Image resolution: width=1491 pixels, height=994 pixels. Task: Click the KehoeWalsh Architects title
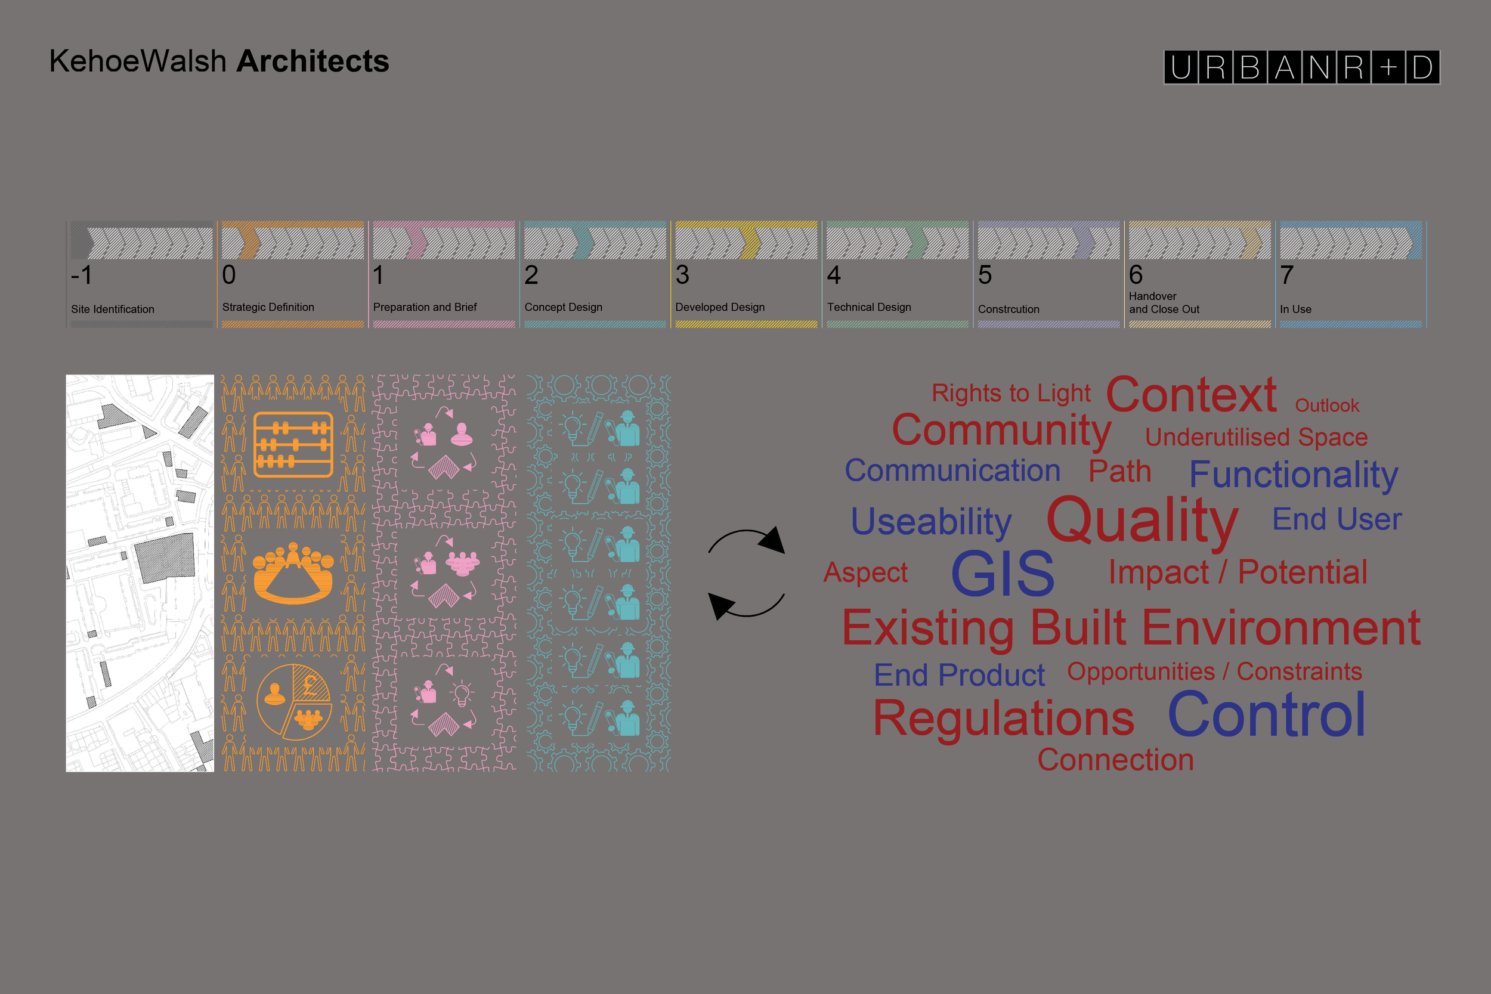tap(219, 61)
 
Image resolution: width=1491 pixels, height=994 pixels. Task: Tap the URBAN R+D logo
tap(1301, 67)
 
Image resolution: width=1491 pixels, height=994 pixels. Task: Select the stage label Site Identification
tap(113, 309)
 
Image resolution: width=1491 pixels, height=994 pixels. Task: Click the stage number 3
tap(682, 274)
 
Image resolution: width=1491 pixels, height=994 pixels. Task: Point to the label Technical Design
tap(869, 307)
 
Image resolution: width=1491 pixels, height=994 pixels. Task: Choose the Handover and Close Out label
tap(1164, 302)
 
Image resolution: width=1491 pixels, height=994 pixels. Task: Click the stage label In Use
tap(1296, 309)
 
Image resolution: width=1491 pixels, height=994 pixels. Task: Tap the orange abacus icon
tap(293, 444)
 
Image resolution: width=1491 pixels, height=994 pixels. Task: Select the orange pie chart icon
tap(293, 702)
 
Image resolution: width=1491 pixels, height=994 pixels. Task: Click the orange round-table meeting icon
tap(293, 572)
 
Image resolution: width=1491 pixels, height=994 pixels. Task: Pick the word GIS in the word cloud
tap(1003, 574)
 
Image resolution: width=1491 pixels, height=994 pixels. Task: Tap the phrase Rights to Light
tap(1011, 393)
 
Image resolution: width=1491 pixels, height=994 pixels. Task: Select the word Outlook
tap(1327, 405)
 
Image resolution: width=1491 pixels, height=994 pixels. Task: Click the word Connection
tap(1116, 760)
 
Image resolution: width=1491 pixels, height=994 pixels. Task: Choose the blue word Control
tap(1267, 714)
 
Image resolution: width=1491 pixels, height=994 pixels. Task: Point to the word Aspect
tap(865, 573)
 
